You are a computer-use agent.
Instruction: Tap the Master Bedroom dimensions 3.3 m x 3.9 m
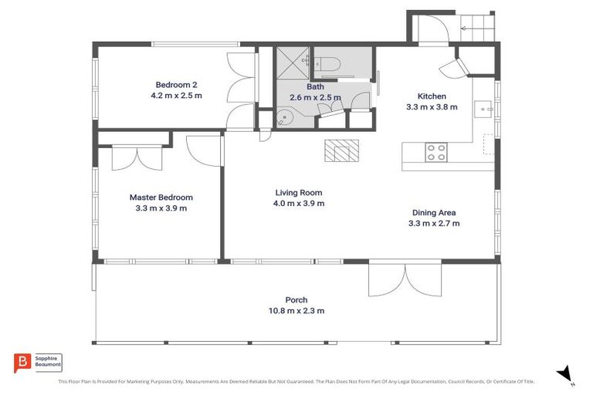pos(161,208)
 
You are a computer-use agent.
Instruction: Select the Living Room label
pos(299,193)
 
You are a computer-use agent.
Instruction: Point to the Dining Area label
pos(434,213)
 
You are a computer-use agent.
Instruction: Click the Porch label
pos(296,300)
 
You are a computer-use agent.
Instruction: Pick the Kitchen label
pos(432,96)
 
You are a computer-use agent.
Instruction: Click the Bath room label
pos(315,87)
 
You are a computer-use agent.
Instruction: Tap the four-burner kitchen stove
pos(436,152)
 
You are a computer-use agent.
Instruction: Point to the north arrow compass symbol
pos(566,374)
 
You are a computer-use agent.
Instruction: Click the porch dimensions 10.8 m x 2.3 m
pos(296,311)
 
